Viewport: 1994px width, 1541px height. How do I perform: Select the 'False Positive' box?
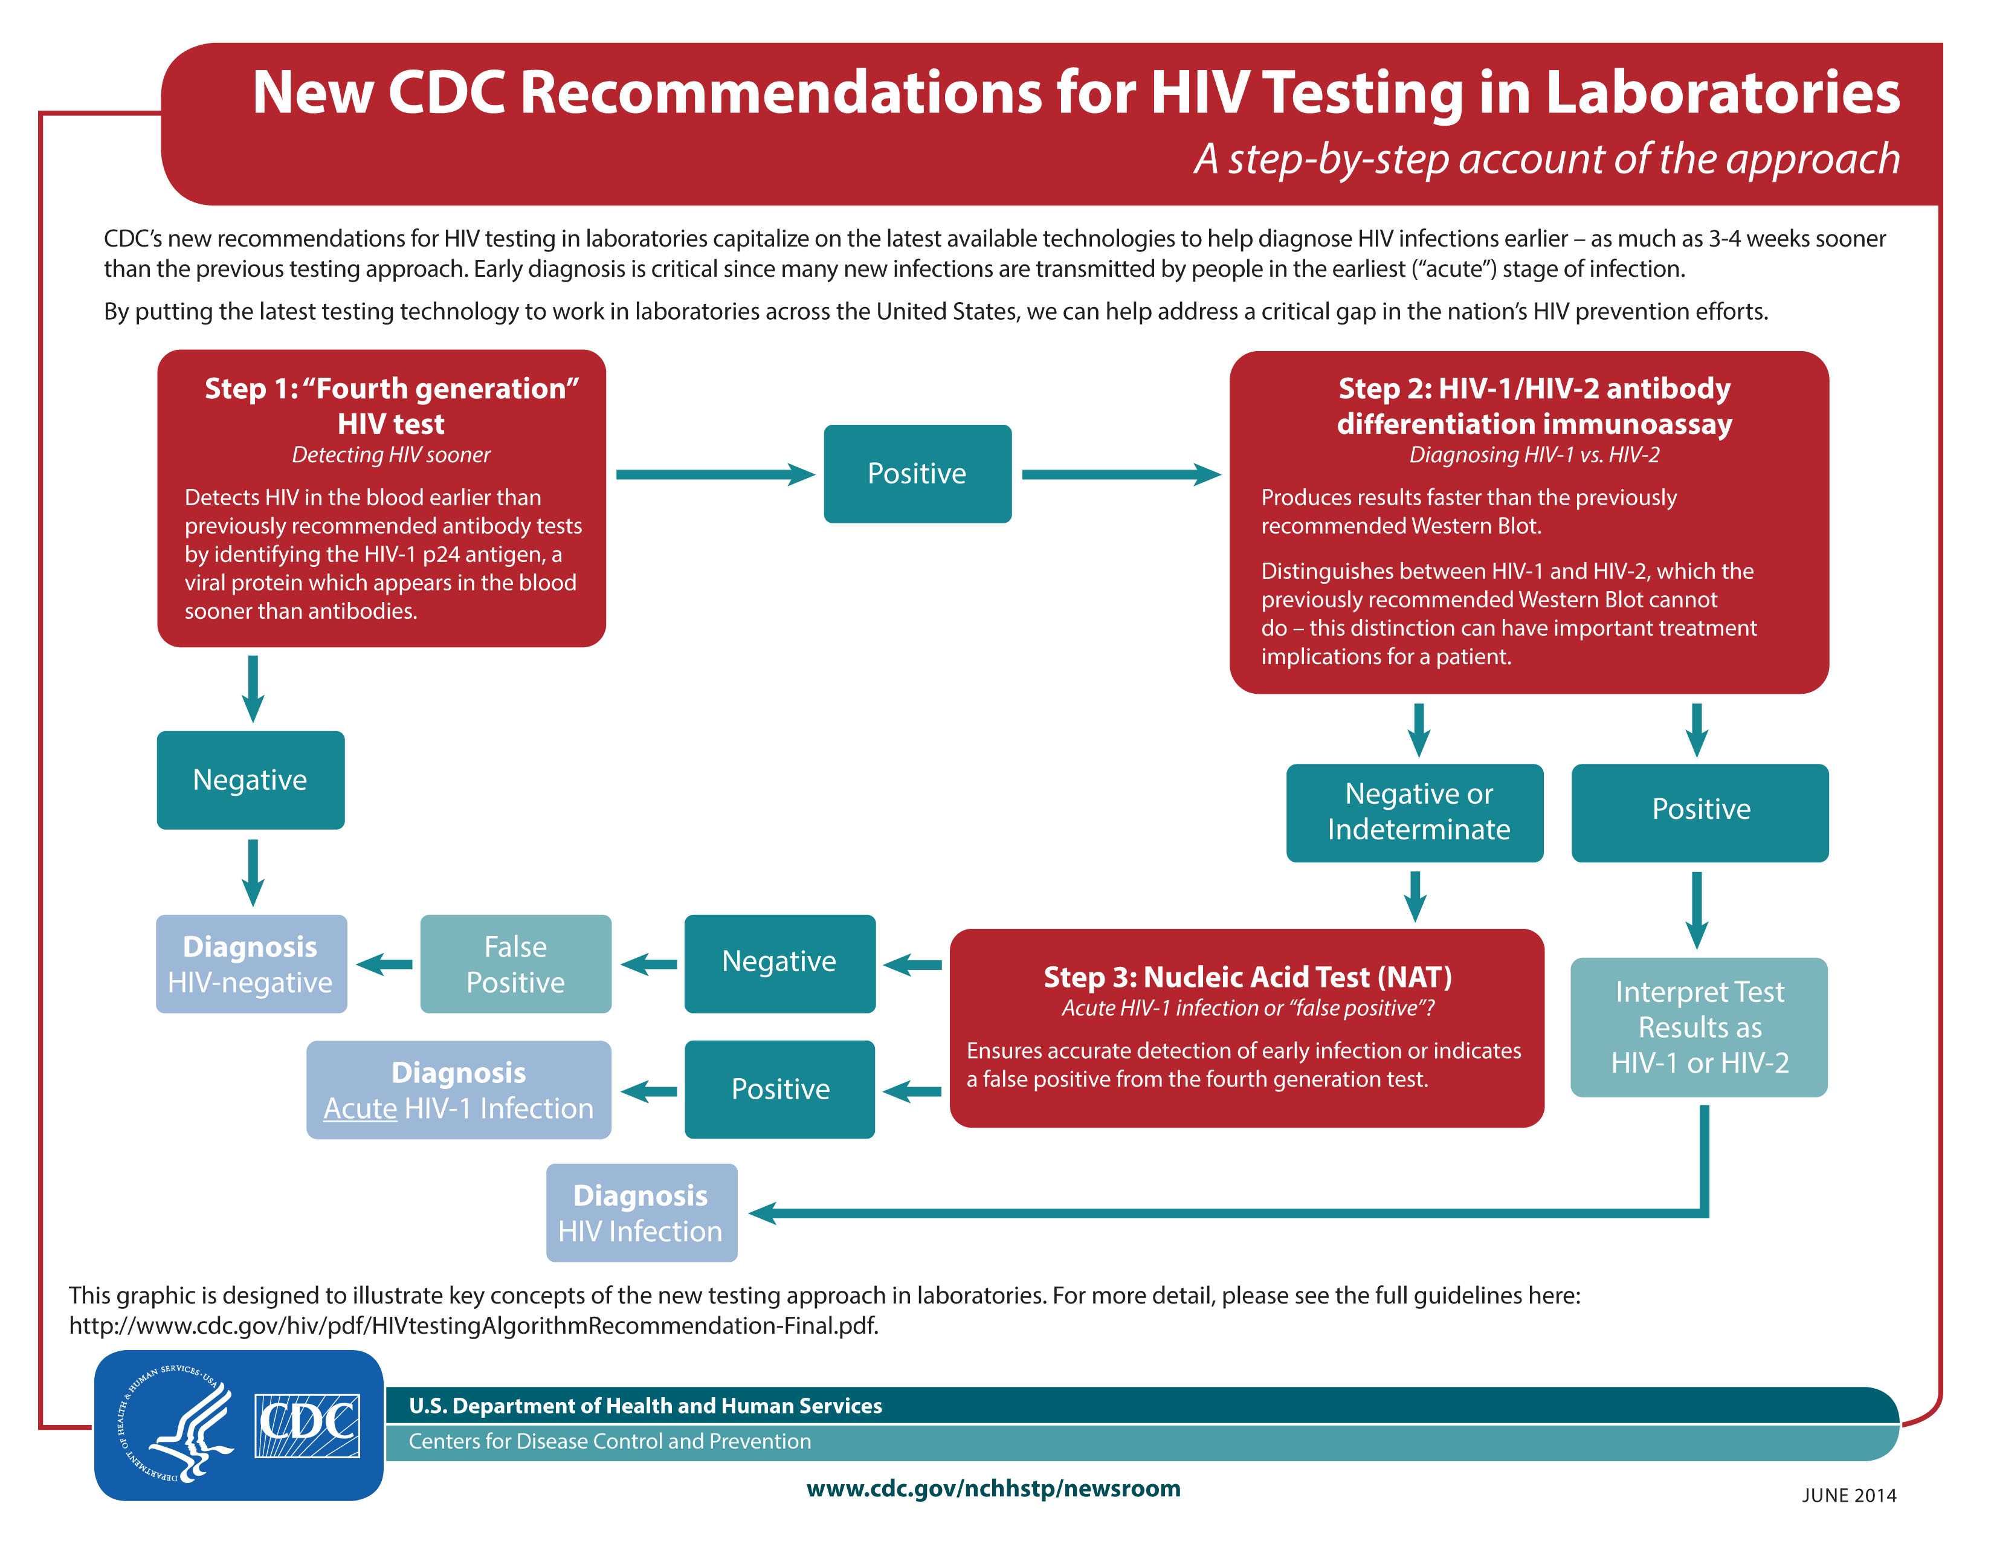point(516,964)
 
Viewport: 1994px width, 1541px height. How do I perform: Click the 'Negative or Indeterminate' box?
point(1415,812)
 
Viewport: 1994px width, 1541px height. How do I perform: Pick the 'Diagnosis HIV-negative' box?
point(252,964)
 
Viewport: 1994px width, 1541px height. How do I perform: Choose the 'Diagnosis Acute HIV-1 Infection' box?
point(459,1090)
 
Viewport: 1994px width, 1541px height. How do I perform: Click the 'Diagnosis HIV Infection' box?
point(642,1212)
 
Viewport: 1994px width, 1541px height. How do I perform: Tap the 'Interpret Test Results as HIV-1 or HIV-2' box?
point(1699,1027)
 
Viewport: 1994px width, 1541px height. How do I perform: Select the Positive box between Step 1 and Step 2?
point(918,474)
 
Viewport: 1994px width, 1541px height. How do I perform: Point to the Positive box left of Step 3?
point(779,1089)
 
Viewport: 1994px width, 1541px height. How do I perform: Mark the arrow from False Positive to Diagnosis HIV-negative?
point(384,964)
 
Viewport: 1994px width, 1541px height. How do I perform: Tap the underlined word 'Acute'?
point(361,1108)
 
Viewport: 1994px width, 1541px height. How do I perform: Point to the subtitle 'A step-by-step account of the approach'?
point(1547,159)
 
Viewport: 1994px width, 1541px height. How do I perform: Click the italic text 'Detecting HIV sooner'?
point(391,454)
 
